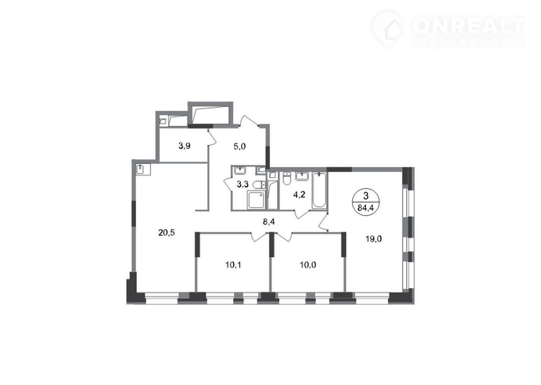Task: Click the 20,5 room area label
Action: coord(167,233)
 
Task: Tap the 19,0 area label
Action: coord(374,239)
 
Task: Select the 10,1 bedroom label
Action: coord(233,265)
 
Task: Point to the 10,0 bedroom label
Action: coord(308,265)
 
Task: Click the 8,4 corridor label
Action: coord(268,222)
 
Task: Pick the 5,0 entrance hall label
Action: coord(240,146)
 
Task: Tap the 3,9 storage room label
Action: coord(184,146)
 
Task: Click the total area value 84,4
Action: coord(366,208)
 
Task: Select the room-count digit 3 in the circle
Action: coord(366,196)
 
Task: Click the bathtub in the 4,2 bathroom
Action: coord(319,190)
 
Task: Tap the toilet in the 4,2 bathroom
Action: coord(287,178)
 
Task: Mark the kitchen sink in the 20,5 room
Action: coord(143,169)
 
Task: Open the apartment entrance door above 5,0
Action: coord(249,121)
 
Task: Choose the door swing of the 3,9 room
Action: coord(212,137)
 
